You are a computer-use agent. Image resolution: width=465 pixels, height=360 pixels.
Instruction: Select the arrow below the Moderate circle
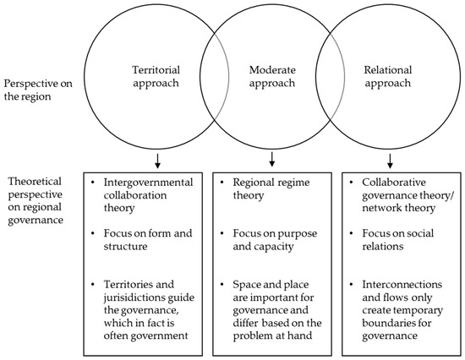point(271,161)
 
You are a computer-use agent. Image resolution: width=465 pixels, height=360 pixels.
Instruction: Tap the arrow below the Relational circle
point(390,161)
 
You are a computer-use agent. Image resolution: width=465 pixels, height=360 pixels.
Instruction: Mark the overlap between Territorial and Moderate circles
point(216,79)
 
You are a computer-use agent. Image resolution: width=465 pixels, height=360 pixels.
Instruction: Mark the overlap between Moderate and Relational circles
point(326,79)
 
